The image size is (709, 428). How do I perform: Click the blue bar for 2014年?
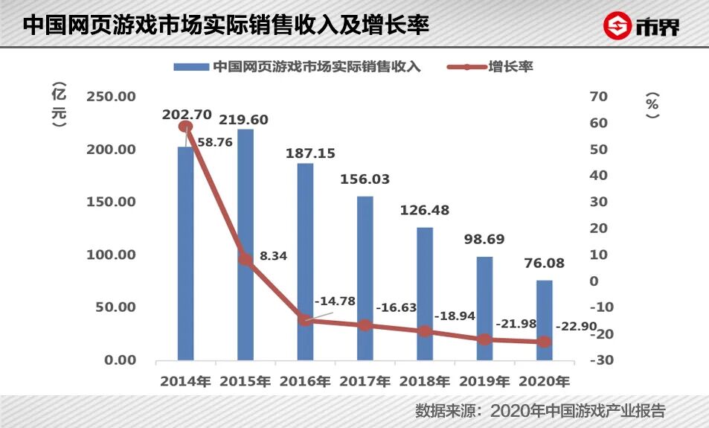click(185, 253)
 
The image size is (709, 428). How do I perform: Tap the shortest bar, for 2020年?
click(545, 320)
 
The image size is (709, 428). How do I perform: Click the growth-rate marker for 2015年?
click(246, 259)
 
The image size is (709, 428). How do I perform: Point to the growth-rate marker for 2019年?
click(485, 339)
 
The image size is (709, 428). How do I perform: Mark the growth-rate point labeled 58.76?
click(185, 127)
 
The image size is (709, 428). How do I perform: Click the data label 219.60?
click(243, 120)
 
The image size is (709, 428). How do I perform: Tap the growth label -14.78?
click(335, 301)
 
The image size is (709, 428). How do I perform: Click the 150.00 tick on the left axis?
click(111, 202)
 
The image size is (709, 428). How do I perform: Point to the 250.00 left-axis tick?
click(111, 97)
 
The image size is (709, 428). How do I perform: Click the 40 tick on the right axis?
click(599, 176)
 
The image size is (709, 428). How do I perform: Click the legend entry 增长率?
click(510, 66)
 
